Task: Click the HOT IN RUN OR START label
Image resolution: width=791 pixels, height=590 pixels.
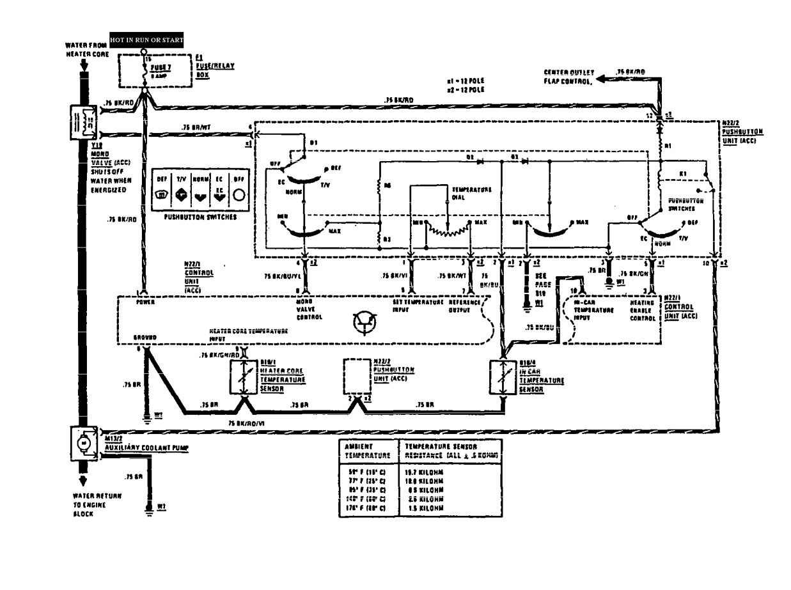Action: click(x=147, y=40)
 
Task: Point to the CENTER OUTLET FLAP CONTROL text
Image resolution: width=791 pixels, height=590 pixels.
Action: click(x=568, y=77)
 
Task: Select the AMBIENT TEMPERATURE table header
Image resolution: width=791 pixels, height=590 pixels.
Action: click(x=367, y=451)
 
